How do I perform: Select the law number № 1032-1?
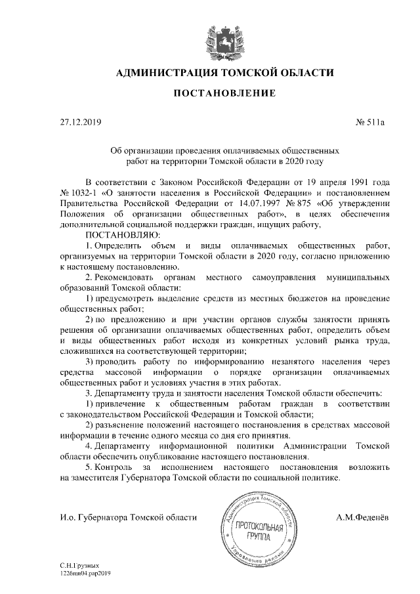(x=78, y=192)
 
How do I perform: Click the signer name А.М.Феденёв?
(x=362, y=518)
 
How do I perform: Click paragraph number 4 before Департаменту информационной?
(x=89, y=446)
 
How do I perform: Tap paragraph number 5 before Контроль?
(x=89, y=467)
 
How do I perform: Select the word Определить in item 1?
(x=125, y=245)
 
